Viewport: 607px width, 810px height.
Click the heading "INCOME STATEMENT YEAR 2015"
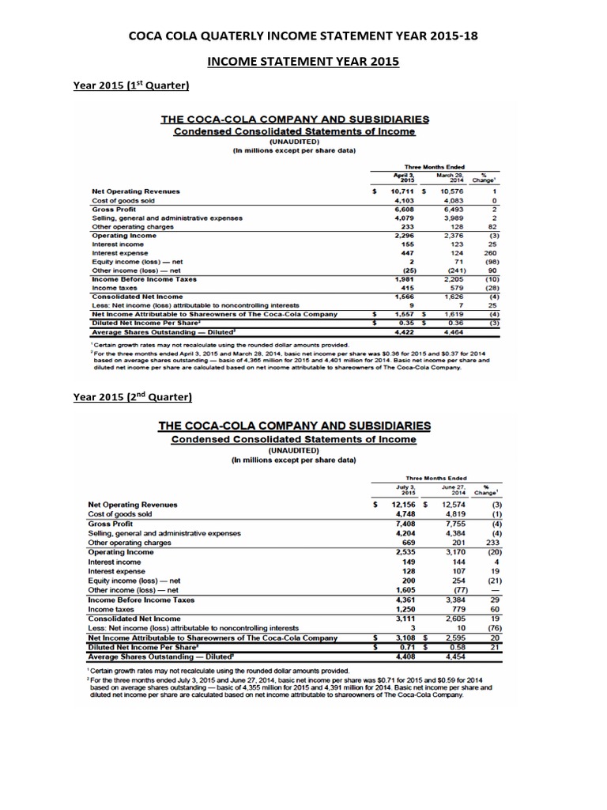tap(303, 59)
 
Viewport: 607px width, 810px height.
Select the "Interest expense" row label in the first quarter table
tap(119, 252)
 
